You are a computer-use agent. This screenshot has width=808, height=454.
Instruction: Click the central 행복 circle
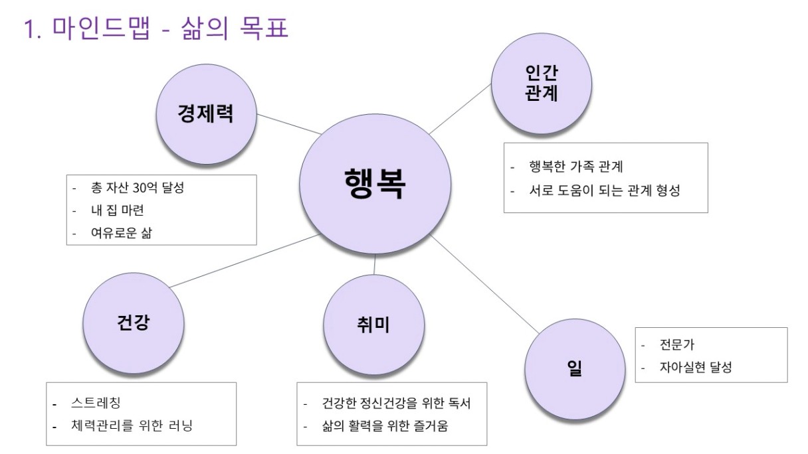click(375, 184)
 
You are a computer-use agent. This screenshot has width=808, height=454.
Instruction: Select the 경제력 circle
click(207, 114)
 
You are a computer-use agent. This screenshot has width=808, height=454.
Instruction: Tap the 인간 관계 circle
click(542, 84)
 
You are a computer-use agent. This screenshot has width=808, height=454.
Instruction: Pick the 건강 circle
click(134, 323)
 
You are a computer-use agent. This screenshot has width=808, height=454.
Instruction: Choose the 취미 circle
click(373, 325)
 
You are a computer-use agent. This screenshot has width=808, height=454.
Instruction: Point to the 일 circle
click(575, 369)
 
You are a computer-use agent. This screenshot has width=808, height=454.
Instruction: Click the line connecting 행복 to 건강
click(245, 260)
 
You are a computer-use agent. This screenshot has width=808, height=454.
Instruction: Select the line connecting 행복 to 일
click(484, 283)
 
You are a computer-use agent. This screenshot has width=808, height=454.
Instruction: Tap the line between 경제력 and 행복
click(289, 124)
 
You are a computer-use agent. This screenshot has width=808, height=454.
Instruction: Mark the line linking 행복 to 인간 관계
click(460, 109)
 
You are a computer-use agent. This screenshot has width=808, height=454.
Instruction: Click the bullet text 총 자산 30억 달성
click(138, 188)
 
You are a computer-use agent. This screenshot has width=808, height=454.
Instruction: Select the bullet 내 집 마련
click(118, 210)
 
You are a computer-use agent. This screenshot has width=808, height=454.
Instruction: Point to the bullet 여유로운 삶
click(122, 233)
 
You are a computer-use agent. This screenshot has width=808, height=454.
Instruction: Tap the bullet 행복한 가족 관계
click(576, 167)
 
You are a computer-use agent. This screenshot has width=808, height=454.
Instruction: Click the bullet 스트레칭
click(96, 403)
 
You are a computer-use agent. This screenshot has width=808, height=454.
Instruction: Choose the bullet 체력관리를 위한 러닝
click(132, 425)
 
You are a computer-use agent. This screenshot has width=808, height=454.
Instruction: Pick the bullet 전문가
click(676, 344)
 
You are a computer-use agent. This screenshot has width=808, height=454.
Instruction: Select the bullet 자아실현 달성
click(696, 367)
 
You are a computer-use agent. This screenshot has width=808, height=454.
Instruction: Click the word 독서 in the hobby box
click(460, 403)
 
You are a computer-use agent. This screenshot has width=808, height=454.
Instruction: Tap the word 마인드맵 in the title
click(101, 28)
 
